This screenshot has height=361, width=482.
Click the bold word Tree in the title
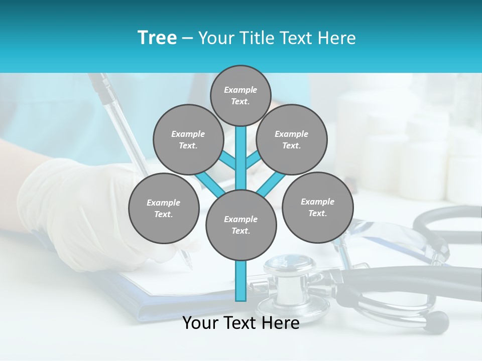(x=157, y=38)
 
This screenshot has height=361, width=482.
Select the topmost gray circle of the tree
(x=240, y=95)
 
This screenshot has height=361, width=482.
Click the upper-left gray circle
(x=188, y=139)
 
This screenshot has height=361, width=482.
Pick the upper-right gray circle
(x=291, y=139)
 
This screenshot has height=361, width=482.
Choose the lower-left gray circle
(x=164, y=208)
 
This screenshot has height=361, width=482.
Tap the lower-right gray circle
(x=317, y=207)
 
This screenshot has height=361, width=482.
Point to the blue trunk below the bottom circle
(x=241, y=281)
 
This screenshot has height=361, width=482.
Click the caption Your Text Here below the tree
(x=240, y=323)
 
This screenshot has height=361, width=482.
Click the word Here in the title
(x=338, y=38)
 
